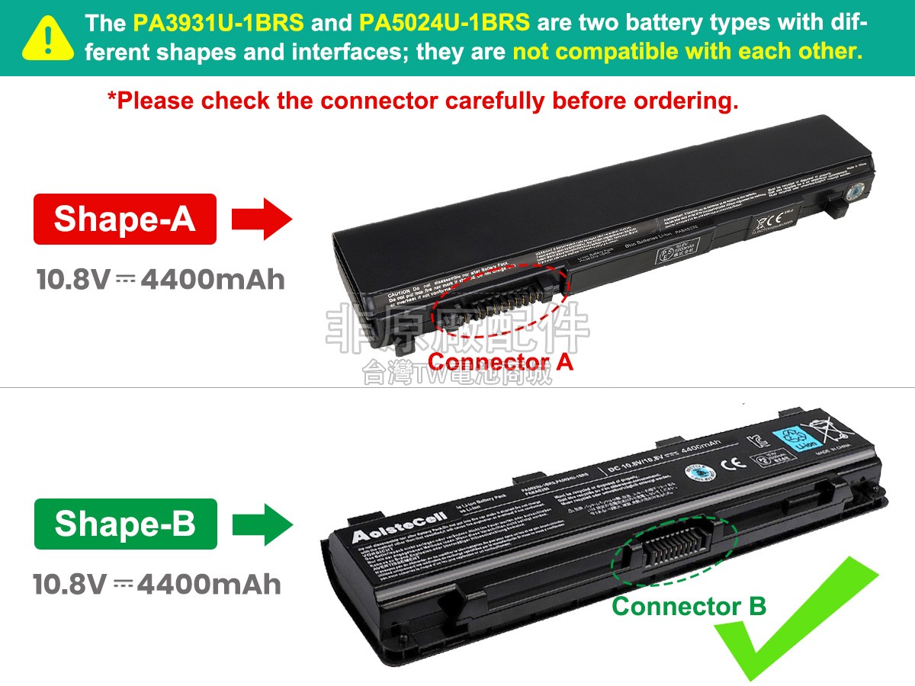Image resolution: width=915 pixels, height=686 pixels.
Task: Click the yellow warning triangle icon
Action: pyautogui.click(x=48, y=37)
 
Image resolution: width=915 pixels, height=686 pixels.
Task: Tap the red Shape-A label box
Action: pyautogui.click(x=125, y=219)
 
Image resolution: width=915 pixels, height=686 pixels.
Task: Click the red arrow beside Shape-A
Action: pyautogui.click(x=262, y=220)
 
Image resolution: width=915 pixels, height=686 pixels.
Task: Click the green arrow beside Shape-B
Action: pyautogui.click(x=262, y=524)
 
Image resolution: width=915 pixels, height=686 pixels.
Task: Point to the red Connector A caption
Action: pyautogui.click(x=500, y=361)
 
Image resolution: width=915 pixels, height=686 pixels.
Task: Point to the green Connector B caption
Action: pyautogui.click(x=689, y=607)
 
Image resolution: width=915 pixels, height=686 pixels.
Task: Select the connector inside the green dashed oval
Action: pyautogui.click(x=679, y=547)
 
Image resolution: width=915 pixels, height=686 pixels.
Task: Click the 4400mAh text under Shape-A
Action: pyautogui.click(x=213, y=280)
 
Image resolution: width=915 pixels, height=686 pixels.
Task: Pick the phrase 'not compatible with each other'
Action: pyautogui.click(x=687, y=52)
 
